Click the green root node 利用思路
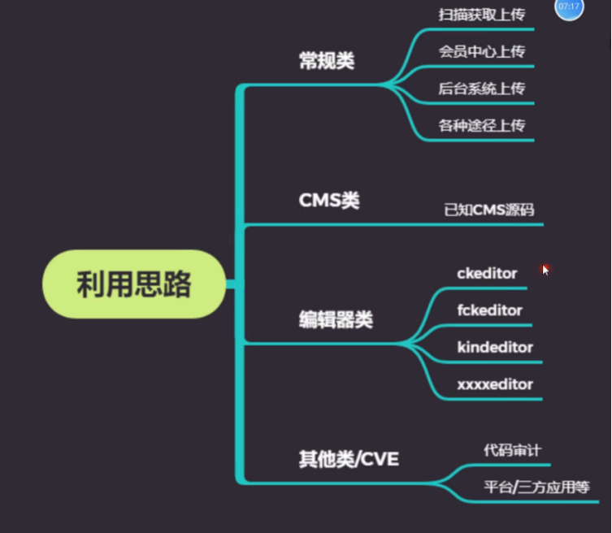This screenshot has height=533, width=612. [134, 284]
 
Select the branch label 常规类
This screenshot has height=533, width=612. [327, 61]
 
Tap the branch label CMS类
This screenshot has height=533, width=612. [329, 200]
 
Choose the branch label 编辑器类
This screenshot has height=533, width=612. [336, 320]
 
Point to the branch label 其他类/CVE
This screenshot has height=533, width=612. [349, 459]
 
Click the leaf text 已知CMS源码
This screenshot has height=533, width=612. [489, 210]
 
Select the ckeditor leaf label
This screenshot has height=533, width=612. [487, 273]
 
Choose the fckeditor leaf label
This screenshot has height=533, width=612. [489, 310]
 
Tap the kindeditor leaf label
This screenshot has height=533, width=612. [495, 347]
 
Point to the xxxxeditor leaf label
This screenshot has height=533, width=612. [495, 383]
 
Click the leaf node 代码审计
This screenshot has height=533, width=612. [512, 449]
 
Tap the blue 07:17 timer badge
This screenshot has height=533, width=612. [569, 7]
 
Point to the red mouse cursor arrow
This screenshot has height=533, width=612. [545, 269]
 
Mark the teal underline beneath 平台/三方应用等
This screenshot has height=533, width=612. [536, 501]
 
